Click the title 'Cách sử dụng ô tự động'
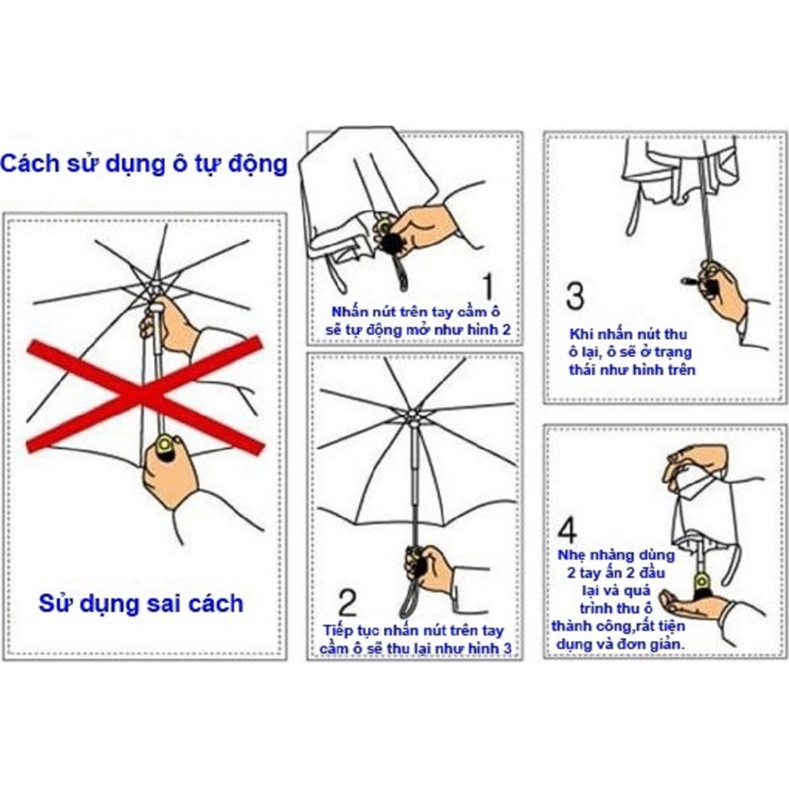[x=144, y=164]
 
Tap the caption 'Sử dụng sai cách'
[x=141, y=602]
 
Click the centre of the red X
[x=146, y=394]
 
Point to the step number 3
[x=575, y=297]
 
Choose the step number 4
[x=568, y=531]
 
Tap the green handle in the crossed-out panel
[x=164, y=445]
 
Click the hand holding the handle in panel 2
[x=430, y=568]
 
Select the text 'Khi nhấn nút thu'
[x=628, y=334]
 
